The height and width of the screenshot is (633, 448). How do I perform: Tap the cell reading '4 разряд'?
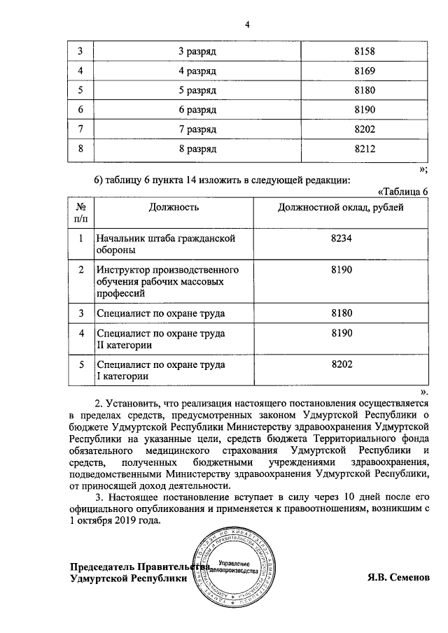click(x=197, y=71)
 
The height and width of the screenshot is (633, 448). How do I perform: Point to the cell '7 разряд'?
click(x=197, y=130)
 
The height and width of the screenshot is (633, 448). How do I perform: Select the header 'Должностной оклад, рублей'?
click(x=340, y=207)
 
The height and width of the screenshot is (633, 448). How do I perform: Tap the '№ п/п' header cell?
click(x=80, y=213)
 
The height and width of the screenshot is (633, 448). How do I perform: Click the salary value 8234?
click(x=340, y=239)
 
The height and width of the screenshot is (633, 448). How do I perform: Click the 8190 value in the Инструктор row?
click(x=340, y=269)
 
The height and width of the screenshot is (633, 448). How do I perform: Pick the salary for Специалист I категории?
click(x=340, y=364)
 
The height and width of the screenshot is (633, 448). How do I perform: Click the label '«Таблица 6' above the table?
click(x=402, y=192)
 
